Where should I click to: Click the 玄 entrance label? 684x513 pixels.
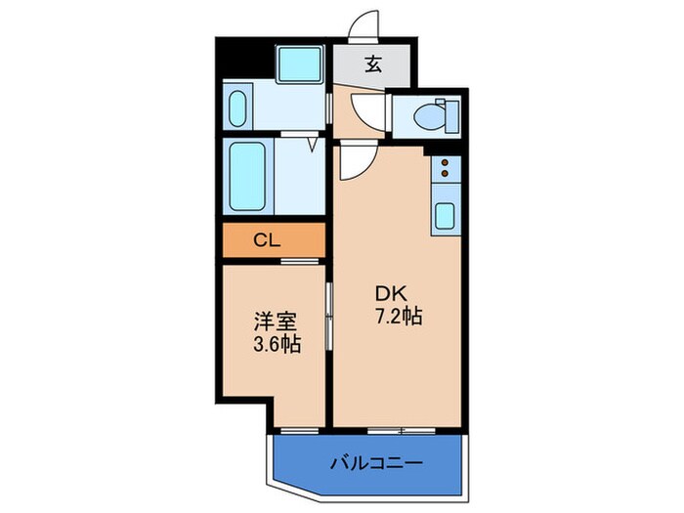(373, 65)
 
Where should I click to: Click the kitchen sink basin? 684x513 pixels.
(444, 215)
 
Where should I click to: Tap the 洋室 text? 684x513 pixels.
(275, 321)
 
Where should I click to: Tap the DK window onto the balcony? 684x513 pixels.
(401, 430)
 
